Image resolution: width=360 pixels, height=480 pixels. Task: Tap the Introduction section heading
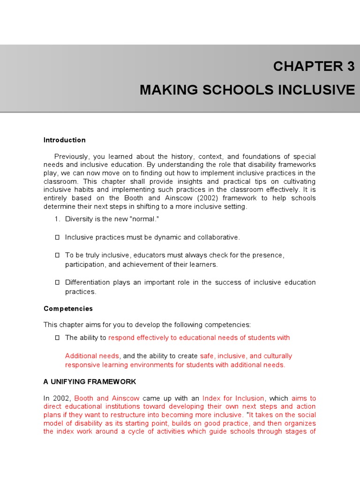click(64, 140)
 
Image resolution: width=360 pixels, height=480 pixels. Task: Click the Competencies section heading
click(68, 308)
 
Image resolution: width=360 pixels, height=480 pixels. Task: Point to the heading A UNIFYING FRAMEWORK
click(90, 382)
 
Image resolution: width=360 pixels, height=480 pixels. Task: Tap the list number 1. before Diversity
click(58, 219)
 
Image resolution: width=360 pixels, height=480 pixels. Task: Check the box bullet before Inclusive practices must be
click(57, 237)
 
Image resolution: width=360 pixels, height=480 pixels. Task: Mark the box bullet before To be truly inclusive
click(57, 255)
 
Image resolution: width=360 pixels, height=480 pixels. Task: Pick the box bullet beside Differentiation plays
click(57, 282)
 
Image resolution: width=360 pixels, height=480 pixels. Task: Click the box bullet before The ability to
click(57, 337)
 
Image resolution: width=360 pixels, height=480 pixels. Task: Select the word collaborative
click(218, 237)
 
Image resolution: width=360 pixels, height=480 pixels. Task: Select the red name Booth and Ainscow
click(107, 398)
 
